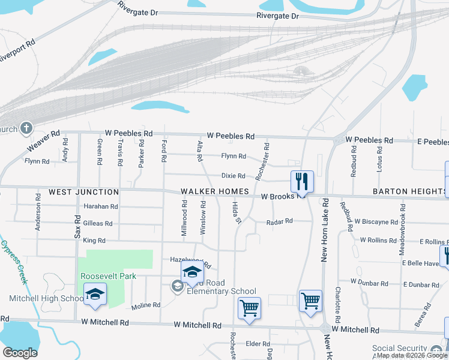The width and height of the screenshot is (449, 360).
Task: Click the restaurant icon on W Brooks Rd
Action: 302,181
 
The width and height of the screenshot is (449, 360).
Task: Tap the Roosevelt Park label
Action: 109,276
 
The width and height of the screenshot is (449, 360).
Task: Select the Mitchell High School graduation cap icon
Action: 95,294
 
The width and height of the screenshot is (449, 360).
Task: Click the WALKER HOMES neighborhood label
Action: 215,191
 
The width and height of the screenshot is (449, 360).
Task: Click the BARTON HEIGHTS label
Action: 408,191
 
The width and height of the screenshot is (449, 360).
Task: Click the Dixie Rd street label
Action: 234,176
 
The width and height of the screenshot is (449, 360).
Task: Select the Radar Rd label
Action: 280,221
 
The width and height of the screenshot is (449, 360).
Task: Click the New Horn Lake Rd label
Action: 324,231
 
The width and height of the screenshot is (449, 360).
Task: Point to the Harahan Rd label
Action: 101,206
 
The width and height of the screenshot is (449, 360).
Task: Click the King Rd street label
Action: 94,241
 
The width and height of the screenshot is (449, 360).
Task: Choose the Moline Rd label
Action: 146,305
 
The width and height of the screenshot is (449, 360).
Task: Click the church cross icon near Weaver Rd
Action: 26,128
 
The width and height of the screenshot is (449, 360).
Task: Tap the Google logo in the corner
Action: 19,352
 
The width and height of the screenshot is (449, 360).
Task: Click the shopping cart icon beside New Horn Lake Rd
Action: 310,300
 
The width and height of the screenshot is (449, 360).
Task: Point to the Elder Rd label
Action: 258,344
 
